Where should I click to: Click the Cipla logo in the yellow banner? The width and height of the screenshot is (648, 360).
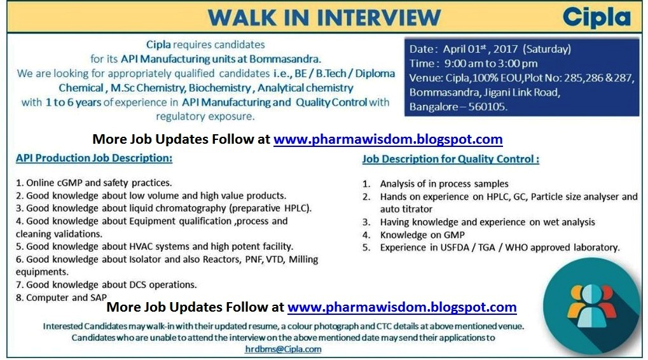(x=596, y=17)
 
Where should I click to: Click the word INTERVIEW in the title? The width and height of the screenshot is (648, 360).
(x=379, y=18)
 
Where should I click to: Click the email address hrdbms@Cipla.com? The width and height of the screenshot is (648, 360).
(x=283, y=349)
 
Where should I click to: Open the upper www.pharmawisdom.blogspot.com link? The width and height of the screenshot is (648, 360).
(x=388, y=139)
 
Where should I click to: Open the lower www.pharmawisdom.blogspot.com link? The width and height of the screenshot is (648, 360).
(x=402, y=307)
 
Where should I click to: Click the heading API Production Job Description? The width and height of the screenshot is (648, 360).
(x=94, y=158)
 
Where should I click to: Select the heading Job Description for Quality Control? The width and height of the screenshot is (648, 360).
(x=451, y=159)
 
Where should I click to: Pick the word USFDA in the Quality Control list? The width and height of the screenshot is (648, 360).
(x=453, y=247)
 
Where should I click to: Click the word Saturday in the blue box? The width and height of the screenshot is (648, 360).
(x=547, y=49)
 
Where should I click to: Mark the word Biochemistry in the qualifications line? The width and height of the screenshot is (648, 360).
(x=220, y=88)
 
